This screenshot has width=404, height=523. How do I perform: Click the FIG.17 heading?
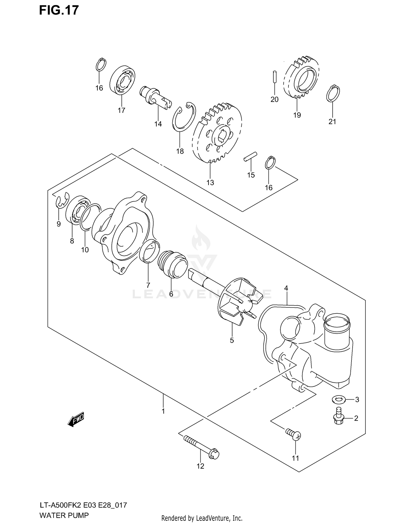point(59,10)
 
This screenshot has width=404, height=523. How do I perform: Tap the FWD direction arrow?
point(76,420)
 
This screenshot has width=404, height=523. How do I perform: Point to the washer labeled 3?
point(338,399)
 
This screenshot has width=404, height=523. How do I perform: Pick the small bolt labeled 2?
point(339,418)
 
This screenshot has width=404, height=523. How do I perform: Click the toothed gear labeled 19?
point(302,78)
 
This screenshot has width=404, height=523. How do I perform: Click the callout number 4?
point(286,288)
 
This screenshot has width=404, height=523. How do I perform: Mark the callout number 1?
point(163,411)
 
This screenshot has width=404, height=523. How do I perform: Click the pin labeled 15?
point(250,157)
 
